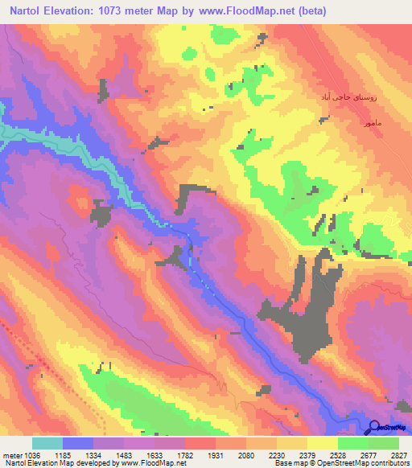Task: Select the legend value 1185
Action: point(77,454)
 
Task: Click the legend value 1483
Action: point(139,454)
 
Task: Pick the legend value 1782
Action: point(201,454)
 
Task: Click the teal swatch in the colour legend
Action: point(47,443)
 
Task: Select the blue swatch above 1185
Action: point(77,443)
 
